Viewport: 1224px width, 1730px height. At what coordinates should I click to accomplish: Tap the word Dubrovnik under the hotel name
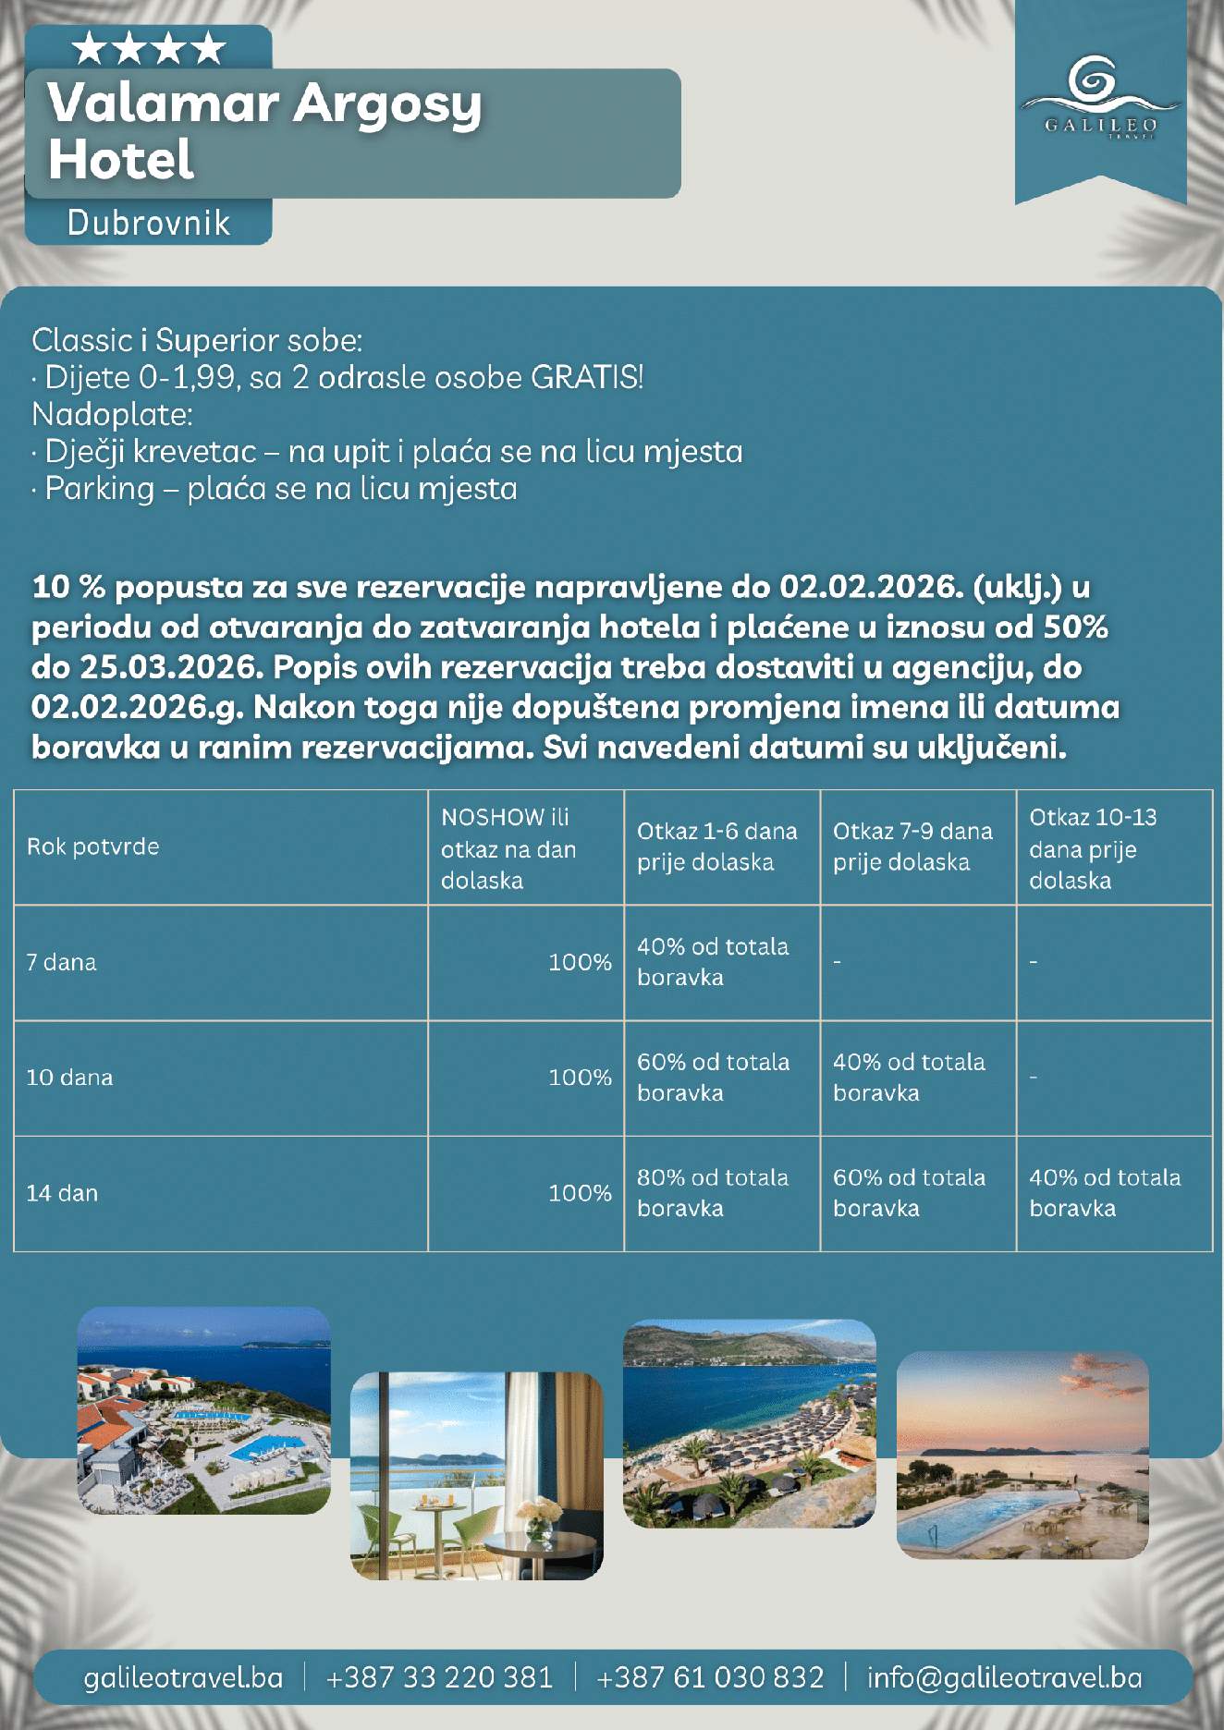[149, 224]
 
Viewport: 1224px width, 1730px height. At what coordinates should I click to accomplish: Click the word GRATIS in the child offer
[586, 377]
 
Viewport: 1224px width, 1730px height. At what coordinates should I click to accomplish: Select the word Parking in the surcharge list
[100, 488]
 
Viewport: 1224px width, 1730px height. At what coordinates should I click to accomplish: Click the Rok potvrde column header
[92, 847]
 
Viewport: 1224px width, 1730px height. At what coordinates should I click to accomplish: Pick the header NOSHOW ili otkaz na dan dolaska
[508, 848]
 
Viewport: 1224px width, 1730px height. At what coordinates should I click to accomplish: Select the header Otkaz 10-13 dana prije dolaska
[1093, 848]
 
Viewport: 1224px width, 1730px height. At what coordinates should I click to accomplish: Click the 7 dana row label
[61, 962]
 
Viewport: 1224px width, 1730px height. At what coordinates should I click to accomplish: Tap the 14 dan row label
[62, 1193]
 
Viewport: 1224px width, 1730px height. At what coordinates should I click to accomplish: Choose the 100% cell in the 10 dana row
[580, 1078]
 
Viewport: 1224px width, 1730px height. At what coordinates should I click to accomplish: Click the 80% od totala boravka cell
[712, 1193]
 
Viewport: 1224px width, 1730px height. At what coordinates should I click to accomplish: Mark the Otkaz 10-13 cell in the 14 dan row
[1104, 1193]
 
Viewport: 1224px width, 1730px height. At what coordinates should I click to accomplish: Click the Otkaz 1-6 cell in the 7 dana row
[712, 962]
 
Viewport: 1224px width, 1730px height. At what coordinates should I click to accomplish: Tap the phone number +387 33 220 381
[439, 1677]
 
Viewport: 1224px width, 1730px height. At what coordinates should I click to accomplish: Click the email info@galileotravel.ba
[1004, 1677]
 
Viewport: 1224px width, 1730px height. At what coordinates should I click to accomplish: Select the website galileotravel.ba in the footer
[183, 1677]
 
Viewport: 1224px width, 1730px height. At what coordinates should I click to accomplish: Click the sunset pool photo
[1022, 1455]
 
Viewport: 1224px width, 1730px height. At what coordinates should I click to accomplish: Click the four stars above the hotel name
[149, 48]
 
